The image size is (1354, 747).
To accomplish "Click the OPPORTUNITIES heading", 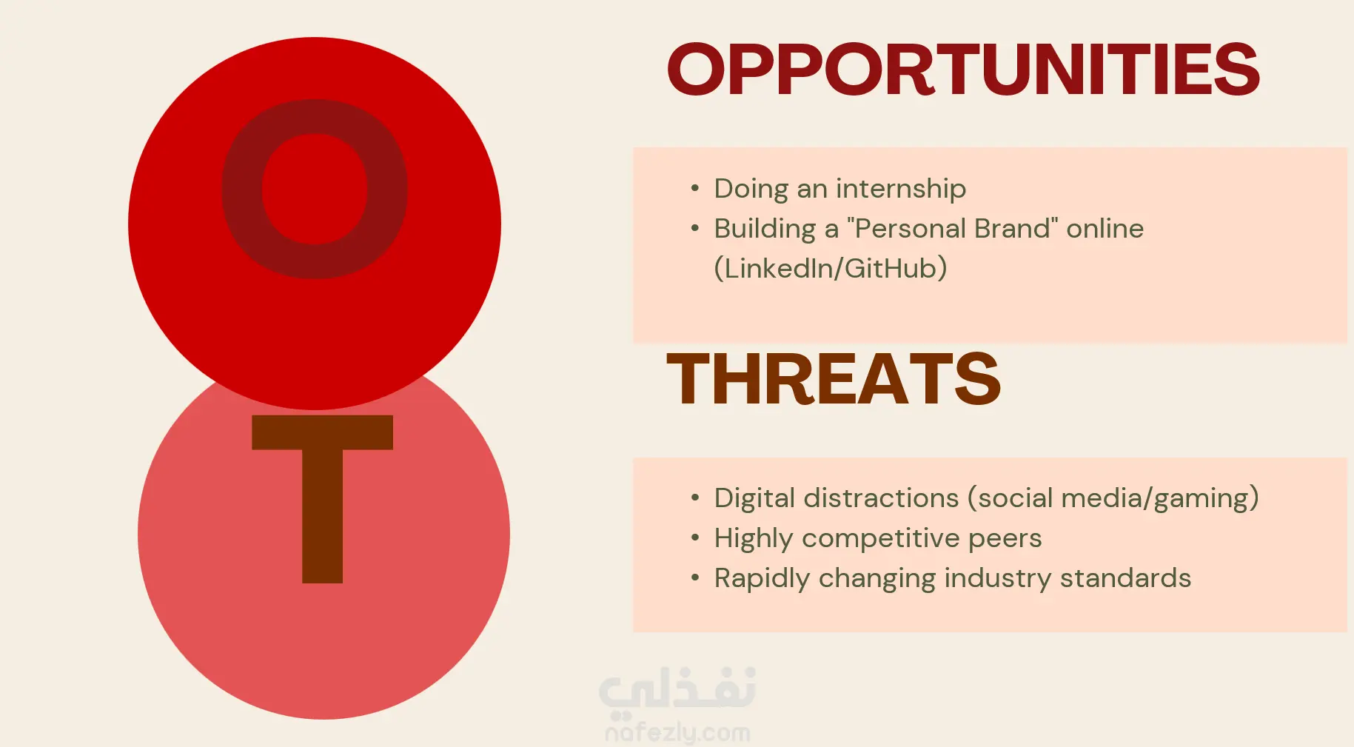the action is (x=963, y=70).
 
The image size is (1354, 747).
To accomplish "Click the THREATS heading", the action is (x=834, y=379).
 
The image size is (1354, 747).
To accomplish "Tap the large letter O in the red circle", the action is (x=315, y=189).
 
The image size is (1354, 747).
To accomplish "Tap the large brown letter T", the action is (x=322, y=499).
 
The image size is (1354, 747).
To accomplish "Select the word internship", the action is (x=901, y=189).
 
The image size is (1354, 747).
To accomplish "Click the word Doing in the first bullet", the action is (x=751, y=190).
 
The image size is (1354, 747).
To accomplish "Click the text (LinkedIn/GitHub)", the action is (x=831, y=268).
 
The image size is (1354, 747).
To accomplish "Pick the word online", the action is (x=1105, y=229).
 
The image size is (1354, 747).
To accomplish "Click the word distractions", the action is (x=881, y=498).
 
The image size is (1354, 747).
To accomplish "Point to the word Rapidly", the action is (x=763, y=579).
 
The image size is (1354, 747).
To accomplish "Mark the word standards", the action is (x=1125, y=578).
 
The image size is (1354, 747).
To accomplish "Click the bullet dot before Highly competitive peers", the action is (x=694, y=537).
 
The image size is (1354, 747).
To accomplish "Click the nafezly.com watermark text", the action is (x=677, y=732).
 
